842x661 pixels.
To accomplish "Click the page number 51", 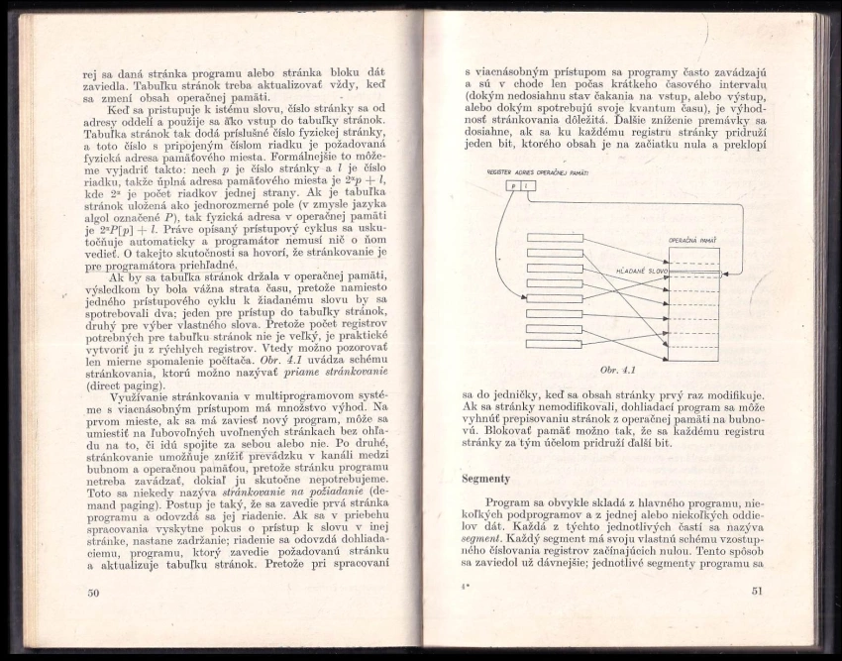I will tap(755, 592).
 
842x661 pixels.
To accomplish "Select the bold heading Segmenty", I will tap(485, 479).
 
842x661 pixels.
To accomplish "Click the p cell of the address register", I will tap(512, 185).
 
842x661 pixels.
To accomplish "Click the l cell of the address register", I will tap(528, 185).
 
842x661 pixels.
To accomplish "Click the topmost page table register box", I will tap(554, 238).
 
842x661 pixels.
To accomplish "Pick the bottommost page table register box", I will tap(554, 344).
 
